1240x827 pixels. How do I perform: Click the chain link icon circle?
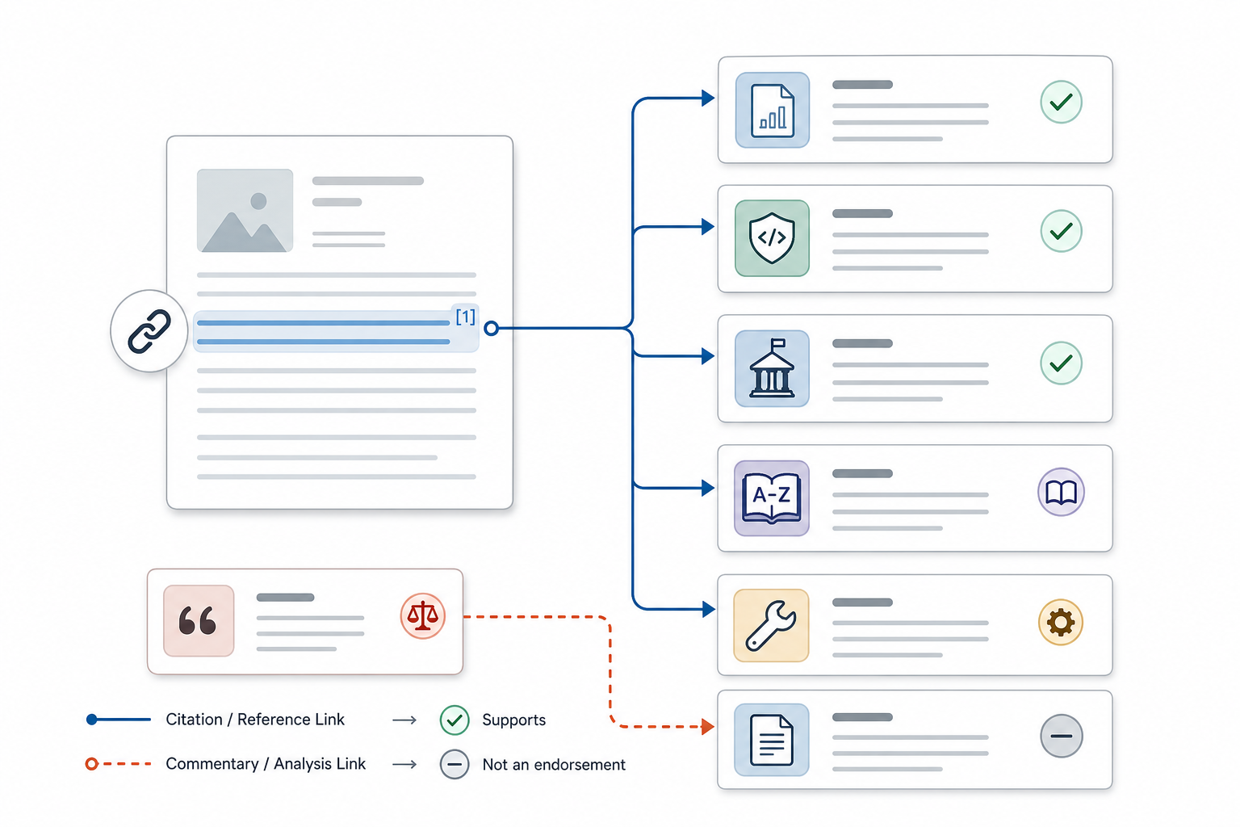coord(149,330)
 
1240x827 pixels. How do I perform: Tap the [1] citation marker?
coord(466,317)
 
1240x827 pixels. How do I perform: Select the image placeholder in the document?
coord(245,211)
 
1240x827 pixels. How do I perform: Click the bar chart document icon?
coord(773,110)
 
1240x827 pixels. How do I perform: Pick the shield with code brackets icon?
coord(773,238)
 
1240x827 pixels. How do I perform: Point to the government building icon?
coord(773,368)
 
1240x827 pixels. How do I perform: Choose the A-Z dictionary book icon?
coord(772,498)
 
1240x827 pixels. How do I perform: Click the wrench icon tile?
coord(771,625)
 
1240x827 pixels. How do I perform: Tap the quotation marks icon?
coord(199,620)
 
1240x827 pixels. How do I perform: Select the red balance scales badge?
coord(423,616)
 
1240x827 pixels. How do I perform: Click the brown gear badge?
coord(1061,622)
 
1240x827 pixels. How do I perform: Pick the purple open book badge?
coord(1061,492)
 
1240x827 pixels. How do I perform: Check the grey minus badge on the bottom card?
coord(1062,737)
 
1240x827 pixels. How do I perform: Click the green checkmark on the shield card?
coord(1062,231)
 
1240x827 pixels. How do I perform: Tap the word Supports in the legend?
coord(513,720)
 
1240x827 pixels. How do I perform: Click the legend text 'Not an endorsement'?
coord(554,764)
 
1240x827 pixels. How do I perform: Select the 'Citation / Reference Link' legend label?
coord(255,719)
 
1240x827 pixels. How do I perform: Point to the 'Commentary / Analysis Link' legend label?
coord(266,764)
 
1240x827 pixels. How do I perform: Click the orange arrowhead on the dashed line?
coord(707,726)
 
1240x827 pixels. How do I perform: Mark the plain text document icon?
coord(772,740)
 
